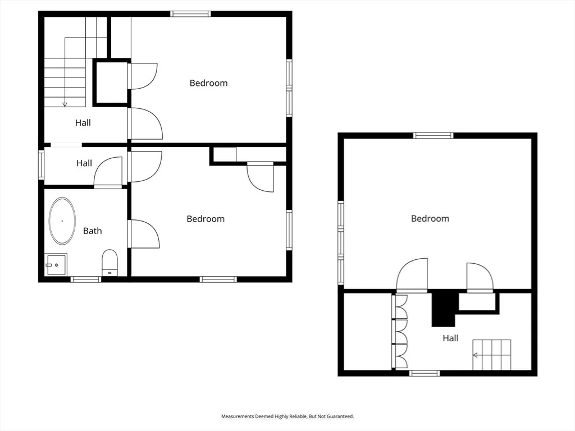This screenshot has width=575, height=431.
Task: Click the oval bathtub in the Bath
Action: pos(62,221)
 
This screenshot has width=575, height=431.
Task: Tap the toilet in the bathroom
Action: pos(109,263)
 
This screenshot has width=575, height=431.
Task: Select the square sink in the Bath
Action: pos(56,264)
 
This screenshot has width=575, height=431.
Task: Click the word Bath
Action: pos(93,231)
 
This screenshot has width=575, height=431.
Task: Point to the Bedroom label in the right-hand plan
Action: pos(430,219)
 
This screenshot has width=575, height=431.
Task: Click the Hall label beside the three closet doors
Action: pos(450,338)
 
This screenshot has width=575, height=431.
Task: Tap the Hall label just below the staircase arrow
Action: pos(83,123)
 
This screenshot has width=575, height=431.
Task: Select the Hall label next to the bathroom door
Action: pos(84,163)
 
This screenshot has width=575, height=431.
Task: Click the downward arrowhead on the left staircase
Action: pos(65,104)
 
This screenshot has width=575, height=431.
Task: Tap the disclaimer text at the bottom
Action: pos(287,416)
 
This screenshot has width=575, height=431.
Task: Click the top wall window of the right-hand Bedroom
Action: pos(433,136)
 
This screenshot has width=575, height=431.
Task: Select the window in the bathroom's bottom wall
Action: pos(85,279)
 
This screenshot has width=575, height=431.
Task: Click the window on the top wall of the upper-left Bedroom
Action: pos(190,14)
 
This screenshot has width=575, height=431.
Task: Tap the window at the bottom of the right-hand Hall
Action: pos(425,373)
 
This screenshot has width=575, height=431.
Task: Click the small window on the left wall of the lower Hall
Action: pos(42,166)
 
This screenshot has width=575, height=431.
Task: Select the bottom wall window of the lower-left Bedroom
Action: pos(218,279)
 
